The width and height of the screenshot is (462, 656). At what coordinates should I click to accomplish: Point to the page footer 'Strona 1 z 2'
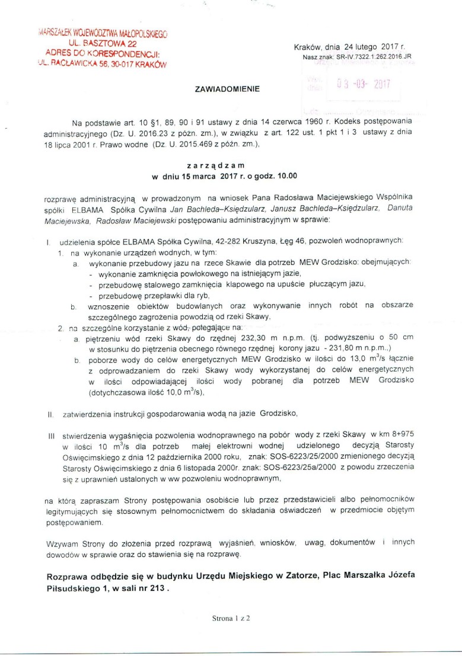tap(231, 617)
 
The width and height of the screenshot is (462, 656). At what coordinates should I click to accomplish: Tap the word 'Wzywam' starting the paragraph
tap(61, 542)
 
